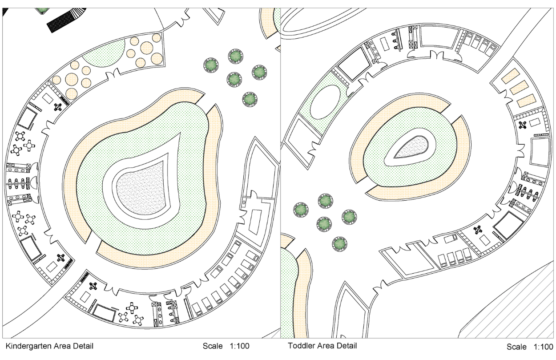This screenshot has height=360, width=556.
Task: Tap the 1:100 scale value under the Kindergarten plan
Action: [239, 346]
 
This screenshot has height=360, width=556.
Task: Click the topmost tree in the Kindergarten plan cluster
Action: [235, 56]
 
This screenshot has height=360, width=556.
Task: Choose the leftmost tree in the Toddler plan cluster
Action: [301, 209]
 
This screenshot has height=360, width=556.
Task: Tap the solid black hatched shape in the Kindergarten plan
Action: [62, 20]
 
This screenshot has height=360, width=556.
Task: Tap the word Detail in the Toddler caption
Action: [346, 346]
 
